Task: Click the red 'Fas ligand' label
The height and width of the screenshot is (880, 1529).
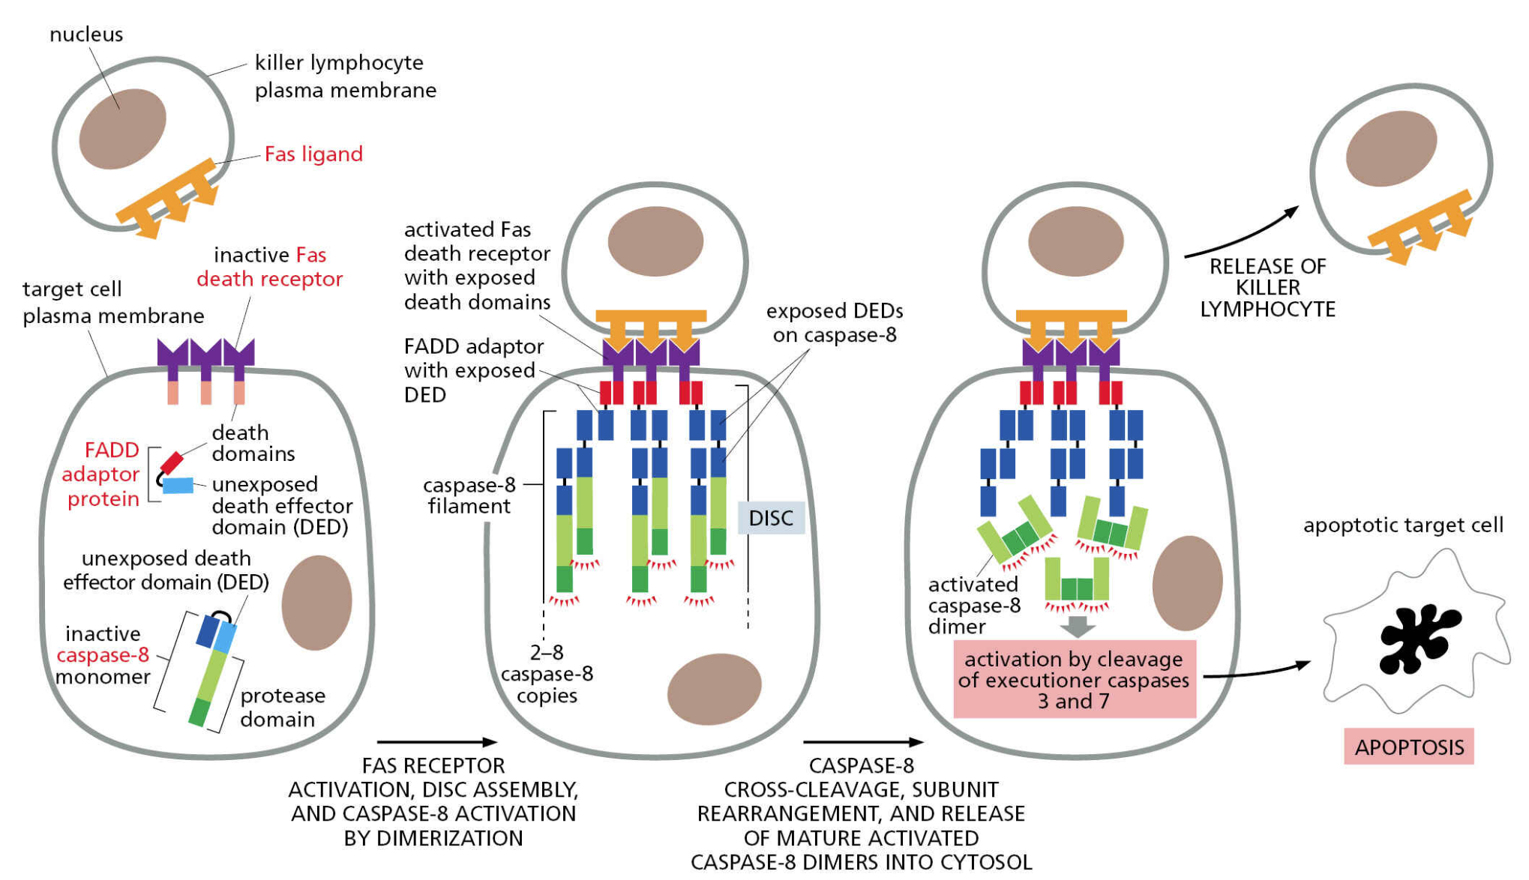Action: coord(313,154)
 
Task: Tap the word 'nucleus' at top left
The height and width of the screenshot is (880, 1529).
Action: coord(86,34)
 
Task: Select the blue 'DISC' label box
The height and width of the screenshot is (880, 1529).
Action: coord(771,518)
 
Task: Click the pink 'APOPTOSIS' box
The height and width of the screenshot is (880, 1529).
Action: coord(1408,747)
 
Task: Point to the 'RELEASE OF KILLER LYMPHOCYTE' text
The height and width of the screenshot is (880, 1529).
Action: coord(1267,288)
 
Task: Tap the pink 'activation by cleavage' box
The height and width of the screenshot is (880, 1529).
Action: coord(1074,680)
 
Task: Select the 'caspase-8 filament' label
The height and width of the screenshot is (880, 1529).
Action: coord(469,495)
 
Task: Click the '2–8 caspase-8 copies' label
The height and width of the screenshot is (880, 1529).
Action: coord(547,674)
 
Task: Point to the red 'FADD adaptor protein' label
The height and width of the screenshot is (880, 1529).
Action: coord(102,474)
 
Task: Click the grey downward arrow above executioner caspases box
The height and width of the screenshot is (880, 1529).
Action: coord(1078,626)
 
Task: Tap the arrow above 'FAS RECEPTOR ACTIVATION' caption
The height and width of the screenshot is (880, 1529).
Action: coord(436,742)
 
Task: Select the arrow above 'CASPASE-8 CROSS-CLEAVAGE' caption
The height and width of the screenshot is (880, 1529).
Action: coord(862,742)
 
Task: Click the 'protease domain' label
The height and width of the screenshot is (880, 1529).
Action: coord(282,708)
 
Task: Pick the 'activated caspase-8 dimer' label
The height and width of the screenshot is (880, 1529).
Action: coord(973,606)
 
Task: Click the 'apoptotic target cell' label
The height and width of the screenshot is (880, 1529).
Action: coord(1402,525)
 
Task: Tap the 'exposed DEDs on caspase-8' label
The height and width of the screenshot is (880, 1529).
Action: coord(834,323)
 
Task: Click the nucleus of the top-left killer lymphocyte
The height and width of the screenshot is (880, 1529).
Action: coord(122,129)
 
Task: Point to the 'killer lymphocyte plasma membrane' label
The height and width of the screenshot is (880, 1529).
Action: coord(345,76)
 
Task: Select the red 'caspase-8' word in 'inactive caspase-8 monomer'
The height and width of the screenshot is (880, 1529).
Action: coord(103,655)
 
